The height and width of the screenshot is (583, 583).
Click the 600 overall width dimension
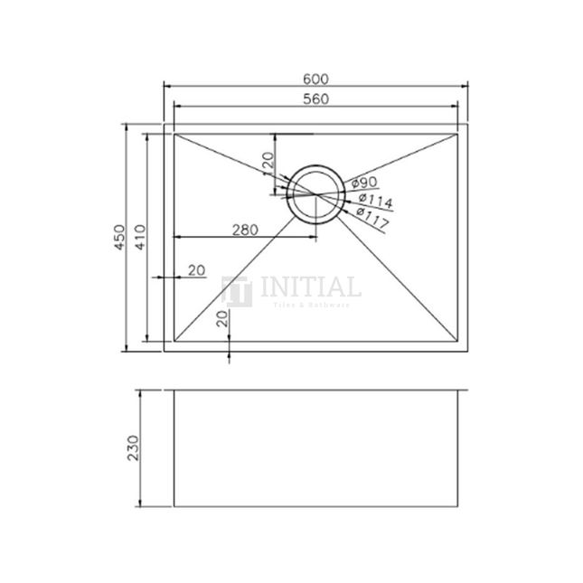tap(315, 78)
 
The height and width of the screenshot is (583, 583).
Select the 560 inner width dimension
tap(315, 99)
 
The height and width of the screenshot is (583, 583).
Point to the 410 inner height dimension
tap(139, 237)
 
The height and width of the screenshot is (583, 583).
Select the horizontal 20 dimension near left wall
tap(196, 270)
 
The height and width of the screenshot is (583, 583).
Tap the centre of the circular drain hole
tap(315, 193)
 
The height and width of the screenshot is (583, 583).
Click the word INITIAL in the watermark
tap(310, 288)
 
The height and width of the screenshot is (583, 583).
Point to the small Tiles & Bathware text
tap(310, 306)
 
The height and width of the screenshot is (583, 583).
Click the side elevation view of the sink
tap(315, 448)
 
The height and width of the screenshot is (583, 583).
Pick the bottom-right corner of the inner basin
tap(459, 343)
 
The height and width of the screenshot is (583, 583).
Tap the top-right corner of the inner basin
tap(459, 133)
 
